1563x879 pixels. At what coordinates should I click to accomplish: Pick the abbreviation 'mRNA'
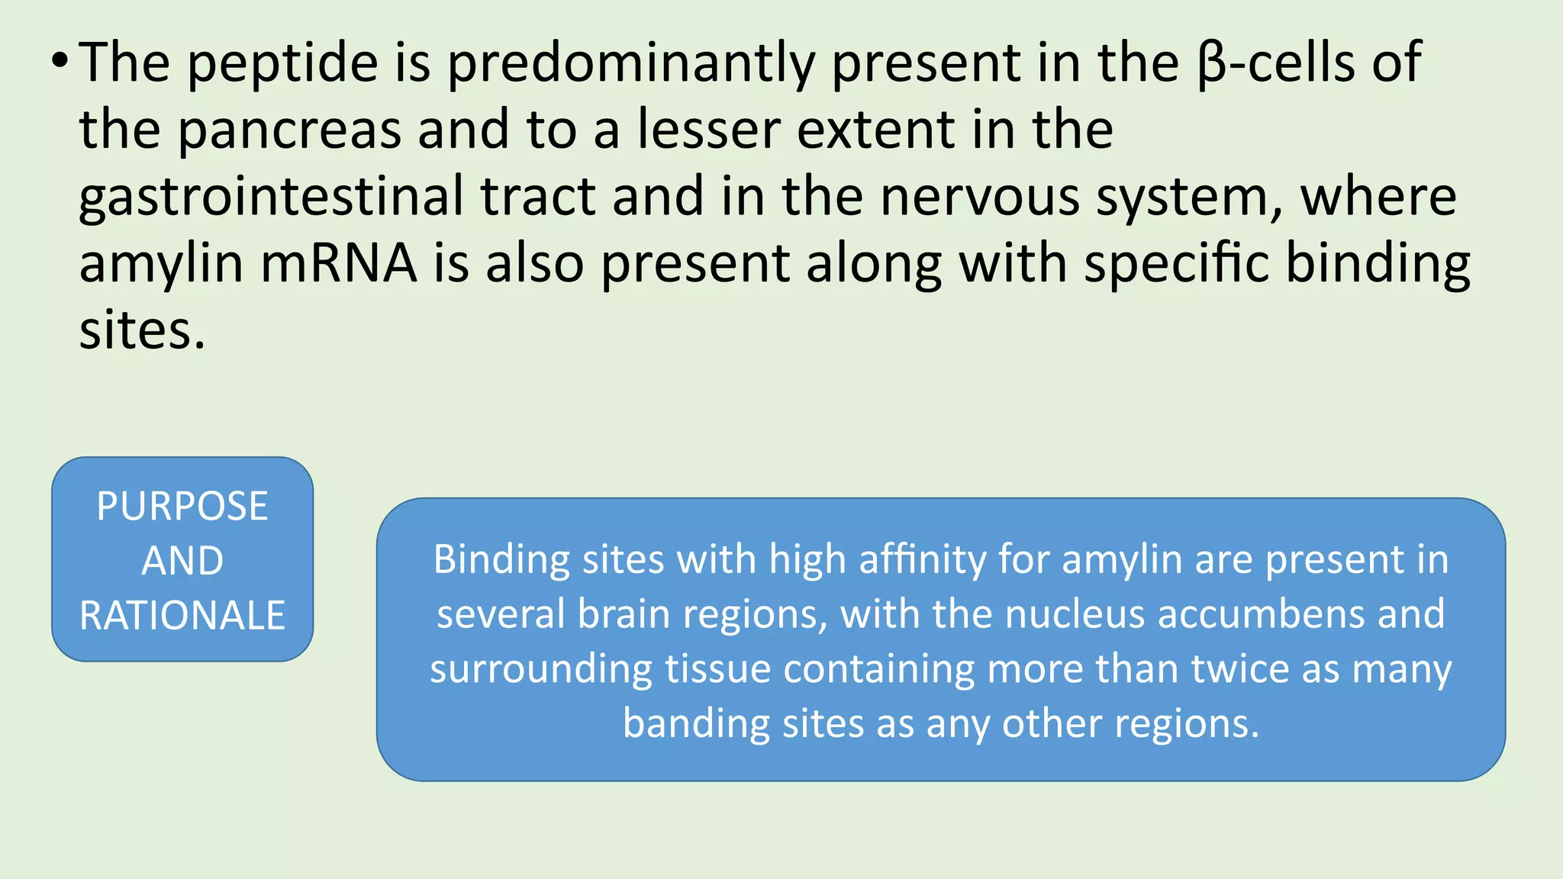coord(339,264)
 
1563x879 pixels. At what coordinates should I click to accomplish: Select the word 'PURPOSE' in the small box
coord(182,507)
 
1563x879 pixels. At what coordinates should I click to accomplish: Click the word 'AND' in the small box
coord(182,561)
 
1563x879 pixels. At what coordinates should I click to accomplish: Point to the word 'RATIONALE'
coord(182,616)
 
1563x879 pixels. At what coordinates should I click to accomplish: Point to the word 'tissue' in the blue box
coord(717,669)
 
